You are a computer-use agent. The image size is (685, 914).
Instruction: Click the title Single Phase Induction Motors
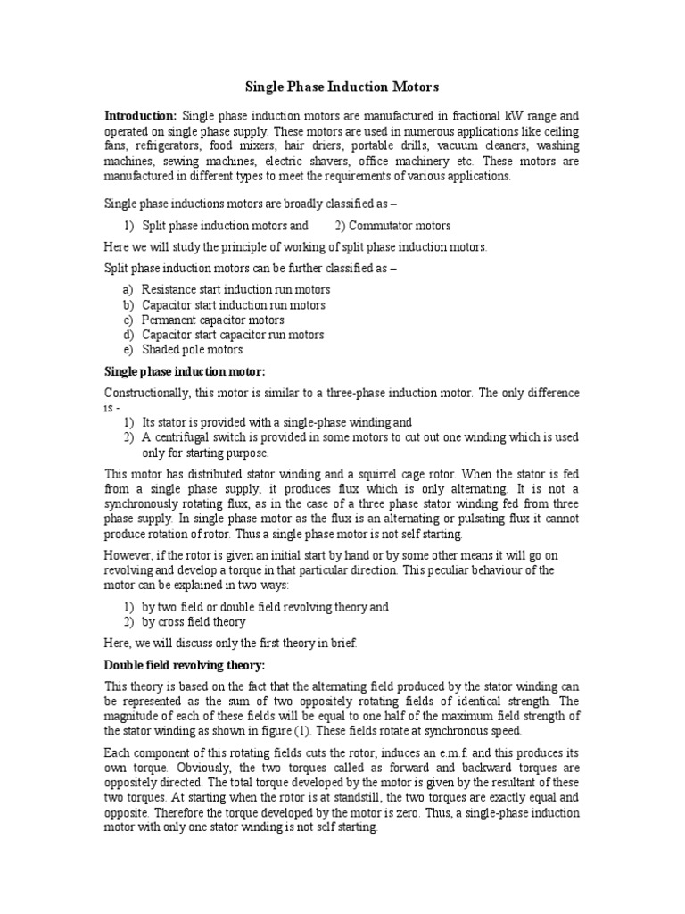[342, 87]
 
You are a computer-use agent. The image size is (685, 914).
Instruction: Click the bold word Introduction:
[140, 116]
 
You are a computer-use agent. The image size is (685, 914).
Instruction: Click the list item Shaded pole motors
[192, 350]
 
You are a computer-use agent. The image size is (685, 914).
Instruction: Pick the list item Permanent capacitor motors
[213, 320]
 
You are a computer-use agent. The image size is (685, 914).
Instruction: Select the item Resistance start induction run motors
[235, 289]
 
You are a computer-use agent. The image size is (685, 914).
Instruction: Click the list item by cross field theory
[194, 622]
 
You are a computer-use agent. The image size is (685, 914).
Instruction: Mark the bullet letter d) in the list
[129, 335]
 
